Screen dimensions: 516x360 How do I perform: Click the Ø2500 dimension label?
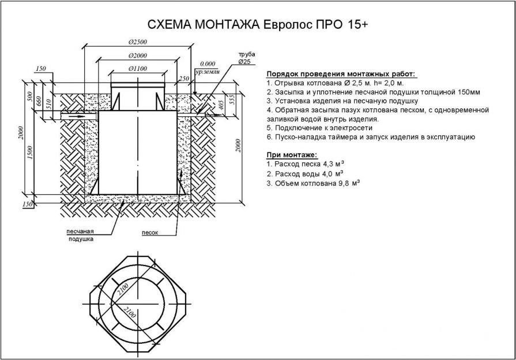point(138,42)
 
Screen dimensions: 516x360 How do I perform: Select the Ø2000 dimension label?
point(138,55)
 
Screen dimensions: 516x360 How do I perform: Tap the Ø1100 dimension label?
point(138,69)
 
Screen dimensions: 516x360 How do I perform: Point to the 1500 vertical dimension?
point(31,153)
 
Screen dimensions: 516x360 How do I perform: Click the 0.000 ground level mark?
point(208,64)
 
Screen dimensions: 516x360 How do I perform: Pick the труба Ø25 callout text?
point(247,58)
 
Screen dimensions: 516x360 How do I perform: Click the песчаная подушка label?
point(81,236)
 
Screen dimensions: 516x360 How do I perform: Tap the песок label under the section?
point(150,233)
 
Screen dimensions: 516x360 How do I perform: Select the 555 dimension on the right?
point(231,99)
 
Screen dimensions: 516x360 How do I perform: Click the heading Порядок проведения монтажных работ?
point(341,74)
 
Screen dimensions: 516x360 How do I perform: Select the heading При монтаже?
point(292,155)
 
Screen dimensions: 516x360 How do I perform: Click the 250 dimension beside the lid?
point(184,79)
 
